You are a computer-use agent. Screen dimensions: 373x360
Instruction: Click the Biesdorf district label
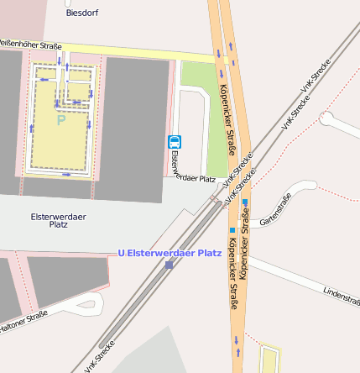tap(81, 13)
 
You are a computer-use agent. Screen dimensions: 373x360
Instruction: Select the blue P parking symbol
tap(60, 120)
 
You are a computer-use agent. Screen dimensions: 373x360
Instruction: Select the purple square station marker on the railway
tap(170, 265)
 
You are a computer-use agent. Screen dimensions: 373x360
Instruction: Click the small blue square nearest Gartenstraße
tap(244, 202)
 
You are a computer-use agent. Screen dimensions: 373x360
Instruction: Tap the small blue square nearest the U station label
tap(232, 229)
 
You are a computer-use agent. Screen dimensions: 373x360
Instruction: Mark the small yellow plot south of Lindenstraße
tap(269, 360)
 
